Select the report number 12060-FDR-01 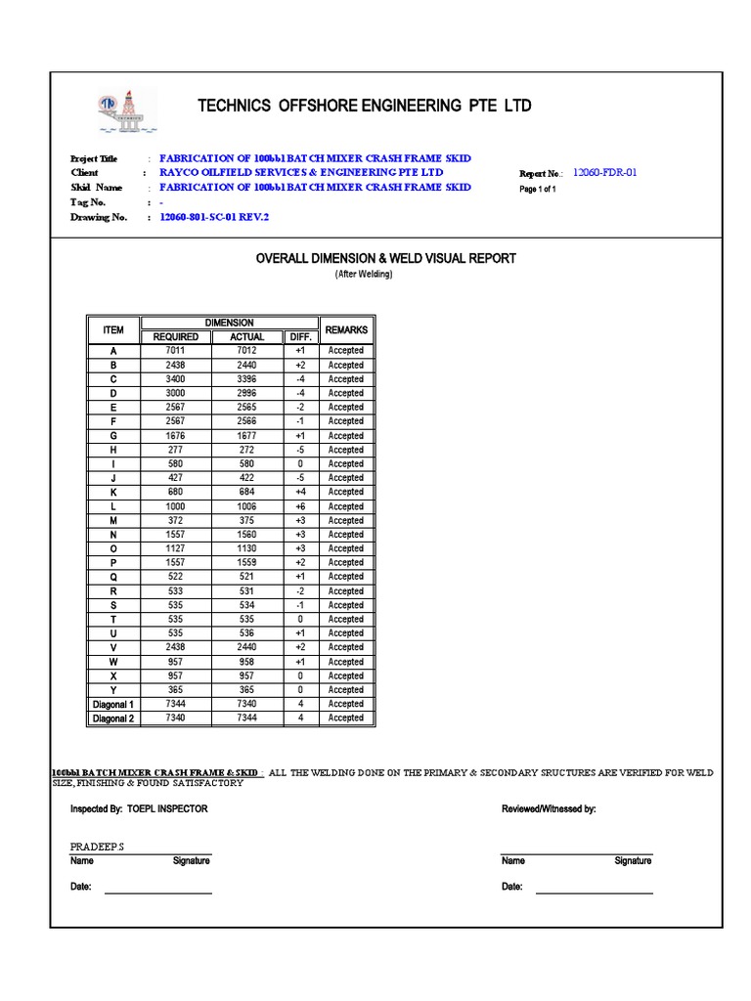604,172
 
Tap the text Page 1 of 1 537,190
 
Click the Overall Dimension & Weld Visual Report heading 385,258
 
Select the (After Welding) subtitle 363,275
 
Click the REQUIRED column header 176,337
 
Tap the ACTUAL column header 246,337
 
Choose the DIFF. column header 300,337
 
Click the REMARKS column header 345,330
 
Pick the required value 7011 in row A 176,351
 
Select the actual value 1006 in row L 246,506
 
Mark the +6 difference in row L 300,506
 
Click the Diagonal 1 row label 113,704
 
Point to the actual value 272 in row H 246,450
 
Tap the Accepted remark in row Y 345,690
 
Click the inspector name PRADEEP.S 97,846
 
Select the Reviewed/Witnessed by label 548,809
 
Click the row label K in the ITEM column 113,492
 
